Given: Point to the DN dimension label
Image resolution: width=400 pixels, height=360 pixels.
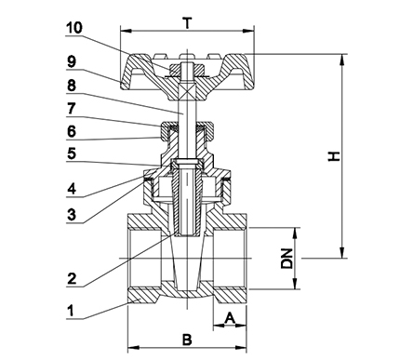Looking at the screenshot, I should [x=287, y=260].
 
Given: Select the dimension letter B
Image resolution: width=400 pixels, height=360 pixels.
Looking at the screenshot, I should [x=186, y=339].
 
